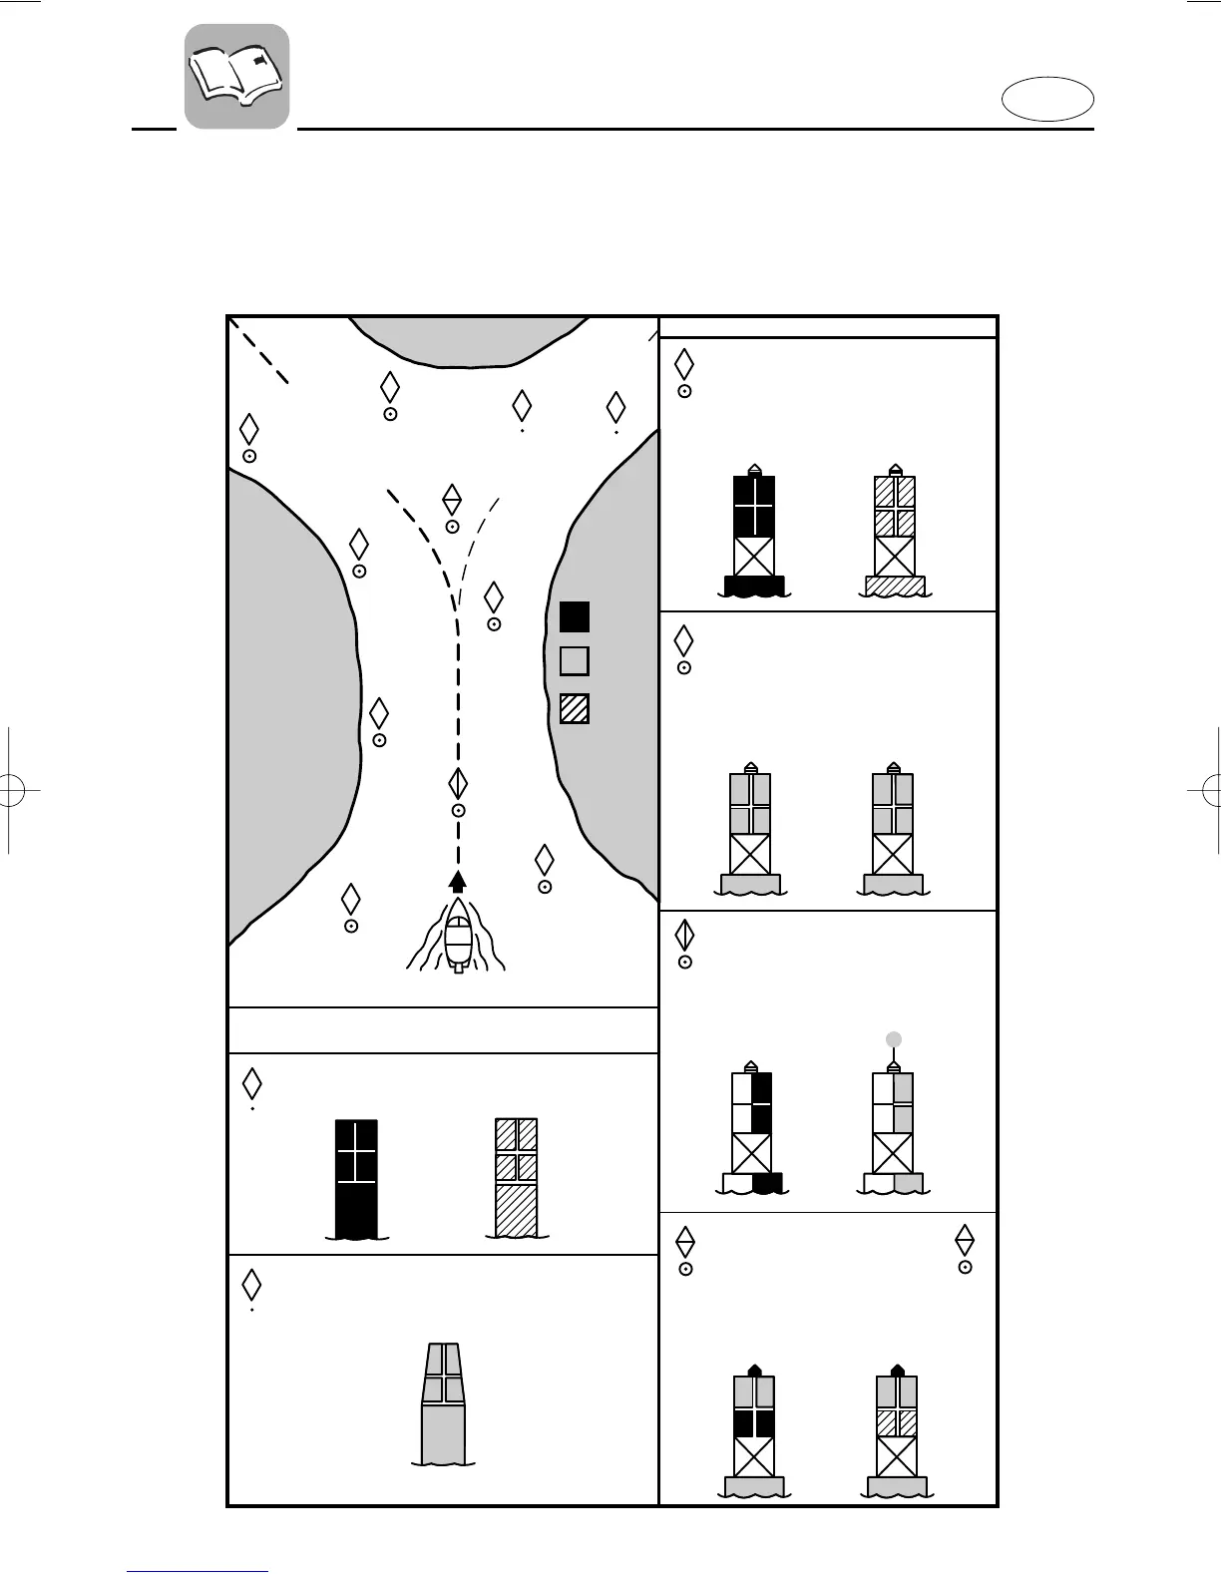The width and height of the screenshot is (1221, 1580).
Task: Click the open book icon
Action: click(x=236, y=76)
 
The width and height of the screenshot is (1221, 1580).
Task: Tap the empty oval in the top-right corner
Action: click(x=1047, y=102)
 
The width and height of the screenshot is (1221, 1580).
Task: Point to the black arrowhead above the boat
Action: click(x=458, y=880)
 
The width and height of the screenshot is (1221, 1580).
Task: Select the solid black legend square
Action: click(x=575, y=617)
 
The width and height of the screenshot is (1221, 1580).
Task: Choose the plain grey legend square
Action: click(x=575, y=661)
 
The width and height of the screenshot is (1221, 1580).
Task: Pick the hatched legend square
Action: click(x=575, y=708)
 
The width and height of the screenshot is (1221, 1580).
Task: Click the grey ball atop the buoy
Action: click(x=894, y=1039)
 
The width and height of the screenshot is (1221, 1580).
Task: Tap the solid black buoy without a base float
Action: click(x=356, y=1178)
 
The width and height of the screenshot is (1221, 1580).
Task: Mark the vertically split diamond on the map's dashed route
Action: click(x=458, y=784)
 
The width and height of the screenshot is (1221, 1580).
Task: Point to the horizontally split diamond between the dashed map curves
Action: click(x=452, y=498)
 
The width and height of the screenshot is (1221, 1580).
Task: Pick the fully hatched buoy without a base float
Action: click(x=517, y=1178)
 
